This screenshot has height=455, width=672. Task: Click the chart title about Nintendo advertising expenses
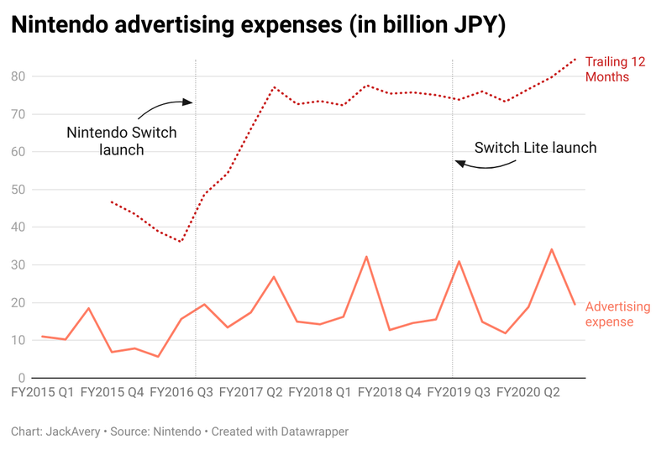[259, 26]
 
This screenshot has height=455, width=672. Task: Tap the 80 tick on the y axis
[18, 76]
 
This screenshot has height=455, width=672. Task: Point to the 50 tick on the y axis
[18, 190]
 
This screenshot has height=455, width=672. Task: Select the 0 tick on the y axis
[23, 379]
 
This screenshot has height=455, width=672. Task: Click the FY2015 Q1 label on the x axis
[43, 392]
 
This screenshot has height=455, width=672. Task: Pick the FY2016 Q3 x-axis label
[181, 392]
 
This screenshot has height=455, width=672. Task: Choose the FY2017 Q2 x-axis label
[250, 392]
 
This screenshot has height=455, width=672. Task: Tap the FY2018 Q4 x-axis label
[389, 392]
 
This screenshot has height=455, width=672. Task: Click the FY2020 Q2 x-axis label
[528, 392]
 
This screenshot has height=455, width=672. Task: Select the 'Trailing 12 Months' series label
[618, 69]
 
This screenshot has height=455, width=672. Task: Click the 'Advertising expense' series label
[617, 314]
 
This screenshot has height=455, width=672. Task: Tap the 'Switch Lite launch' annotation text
[535, 148]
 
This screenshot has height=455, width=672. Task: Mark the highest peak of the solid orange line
[551, 249]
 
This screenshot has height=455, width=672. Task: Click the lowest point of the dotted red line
[181, 242]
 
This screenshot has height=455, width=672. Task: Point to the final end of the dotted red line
[575, 59]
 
